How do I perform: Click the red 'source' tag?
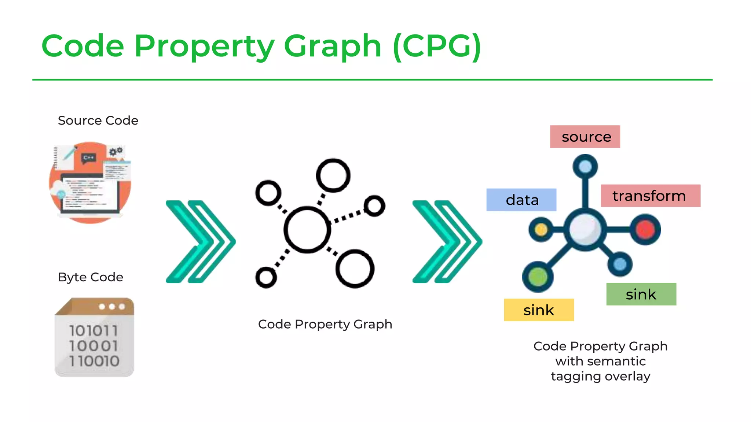tap(585, 137)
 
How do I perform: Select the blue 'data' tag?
tap(521, 200)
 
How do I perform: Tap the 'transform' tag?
tap(650, 196)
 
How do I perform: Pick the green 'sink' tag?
tap(641, 294)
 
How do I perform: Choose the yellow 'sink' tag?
tap(539, 310)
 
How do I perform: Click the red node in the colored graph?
tap(645, 230)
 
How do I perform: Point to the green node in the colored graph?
tap(538, 277)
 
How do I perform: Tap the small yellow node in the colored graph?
tap(541, 230)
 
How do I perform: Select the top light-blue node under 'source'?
tap(585, 167)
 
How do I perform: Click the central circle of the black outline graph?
tap(307, 230)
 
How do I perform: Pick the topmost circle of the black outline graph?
tap(333, 175)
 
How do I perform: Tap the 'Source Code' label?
tap(98, 121)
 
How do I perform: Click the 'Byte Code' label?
tap(91, 277)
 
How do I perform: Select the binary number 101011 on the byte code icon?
tap(94, 331)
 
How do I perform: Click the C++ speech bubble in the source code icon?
tap(88, 158)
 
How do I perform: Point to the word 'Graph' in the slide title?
tap(333, 47)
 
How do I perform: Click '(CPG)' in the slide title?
tap(437, 47)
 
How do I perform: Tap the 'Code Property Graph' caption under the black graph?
tap(325, 324)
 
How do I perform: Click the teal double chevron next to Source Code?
tap(201, 242)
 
